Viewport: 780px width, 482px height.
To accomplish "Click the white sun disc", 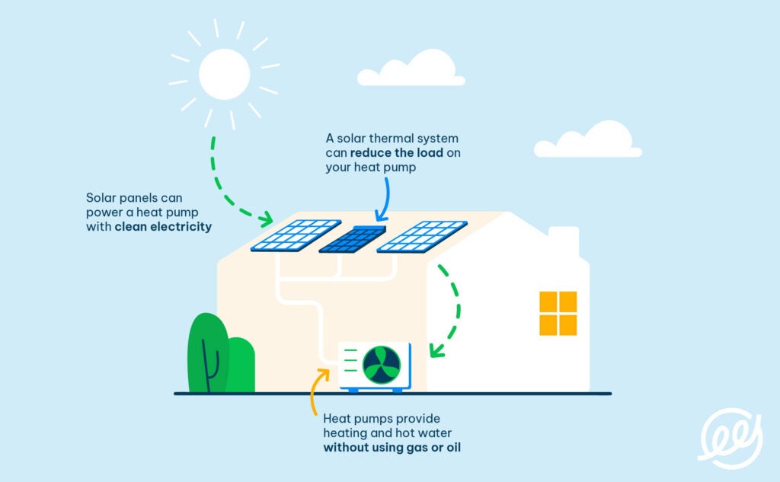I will [x=224, y=74].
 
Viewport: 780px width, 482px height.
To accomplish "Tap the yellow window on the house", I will [x=558, y=313].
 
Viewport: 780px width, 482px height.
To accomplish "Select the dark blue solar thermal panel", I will [x=352, y=238].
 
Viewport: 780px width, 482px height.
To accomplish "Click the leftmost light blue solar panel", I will [x=296, y=235].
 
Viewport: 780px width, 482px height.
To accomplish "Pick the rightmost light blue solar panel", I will [x=421, y=235].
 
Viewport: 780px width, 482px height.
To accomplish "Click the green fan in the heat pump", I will [x=381, y=365].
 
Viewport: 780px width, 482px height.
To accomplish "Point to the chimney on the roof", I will [x=563, y=242].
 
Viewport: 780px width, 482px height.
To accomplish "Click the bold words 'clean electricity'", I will [x=163, y=227].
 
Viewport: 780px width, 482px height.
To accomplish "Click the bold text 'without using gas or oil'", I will [x=392, y=448].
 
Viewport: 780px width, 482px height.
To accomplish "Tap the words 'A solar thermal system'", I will [x=392, y=139].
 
